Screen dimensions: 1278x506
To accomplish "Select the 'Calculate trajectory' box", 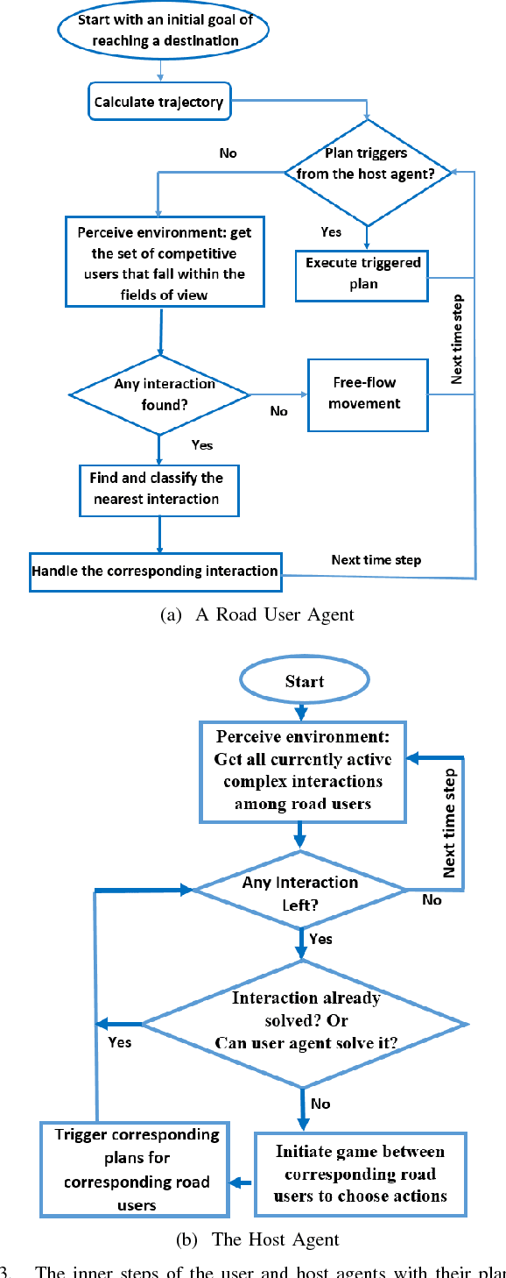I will coord(158,103).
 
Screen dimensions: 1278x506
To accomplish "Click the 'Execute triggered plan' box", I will coord(362,273).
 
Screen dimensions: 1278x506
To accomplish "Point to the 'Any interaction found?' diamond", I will coord(158,394).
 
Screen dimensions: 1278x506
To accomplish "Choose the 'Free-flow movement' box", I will coord(368,394).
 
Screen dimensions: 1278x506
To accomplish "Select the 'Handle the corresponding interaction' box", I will coord(155,572).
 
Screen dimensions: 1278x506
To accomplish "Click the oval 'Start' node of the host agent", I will coord(304,681).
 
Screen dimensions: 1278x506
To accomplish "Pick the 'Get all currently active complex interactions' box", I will coord(303,770).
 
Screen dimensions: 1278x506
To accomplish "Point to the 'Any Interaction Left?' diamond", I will coord(300,890).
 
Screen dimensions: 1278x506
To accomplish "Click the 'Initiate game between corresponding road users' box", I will coord(360,1174).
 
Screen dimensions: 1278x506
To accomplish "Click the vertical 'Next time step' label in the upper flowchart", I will coord(457,339).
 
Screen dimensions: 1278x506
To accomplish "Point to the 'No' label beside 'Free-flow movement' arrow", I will coord(279,411).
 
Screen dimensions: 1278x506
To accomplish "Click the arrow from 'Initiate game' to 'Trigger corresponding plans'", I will coord(242,1182).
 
